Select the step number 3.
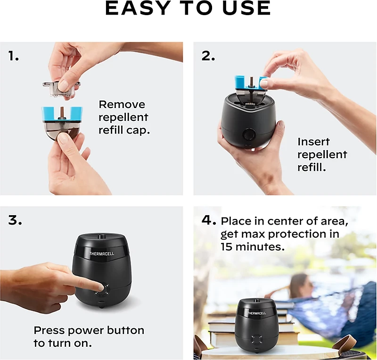tap(15, 220)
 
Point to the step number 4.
tap(209, 220)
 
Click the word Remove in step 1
tap(122, 105)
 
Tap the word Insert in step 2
tap(313, 142)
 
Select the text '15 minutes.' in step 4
tap(252, 246)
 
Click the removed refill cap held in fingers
tap(60, 87)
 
